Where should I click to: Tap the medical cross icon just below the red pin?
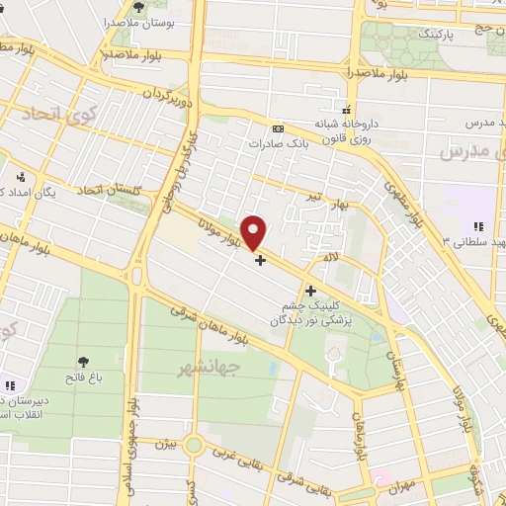pyautogui.click(x=260, y=261)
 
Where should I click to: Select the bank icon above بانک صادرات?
pyautogui.click(x=278, y=127)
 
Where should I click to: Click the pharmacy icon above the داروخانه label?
pyautogui.click(x=345, y=109)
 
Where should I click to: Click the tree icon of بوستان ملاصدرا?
pyautogui.click(x=140, y=8)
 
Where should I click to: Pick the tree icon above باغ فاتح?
pyautogui.click(x=83, y=362)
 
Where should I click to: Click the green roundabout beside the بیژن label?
pyautogui.click(x=194, y=445)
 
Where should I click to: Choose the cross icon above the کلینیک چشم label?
pyautogui.click(x=311, y=291)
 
